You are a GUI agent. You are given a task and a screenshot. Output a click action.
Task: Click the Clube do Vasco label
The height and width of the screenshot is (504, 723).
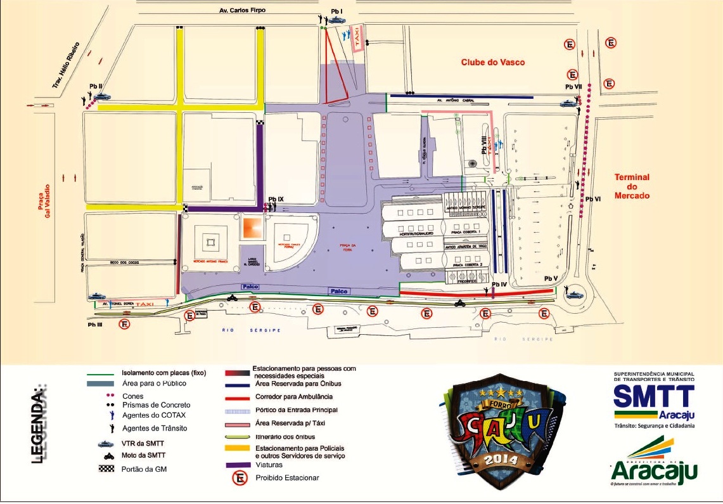pos(492,62)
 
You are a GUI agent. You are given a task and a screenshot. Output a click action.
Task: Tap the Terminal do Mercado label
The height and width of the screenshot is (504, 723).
pos(632,186)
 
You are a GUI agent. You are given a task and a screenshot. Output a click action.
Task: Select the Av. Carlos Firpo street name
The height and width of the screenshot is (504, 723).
pos(243,11)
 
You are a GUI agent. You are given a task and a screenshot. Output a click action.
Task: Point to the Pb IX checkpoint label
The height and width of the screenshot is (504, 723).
pos(276,199)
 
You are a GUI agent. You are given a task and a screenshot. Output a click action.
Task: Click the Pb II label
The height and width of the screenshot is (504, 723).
pos(96,86)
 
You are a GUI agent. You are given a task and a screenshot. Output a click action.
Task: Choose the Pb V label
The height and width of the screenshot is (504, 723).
pos(550,279)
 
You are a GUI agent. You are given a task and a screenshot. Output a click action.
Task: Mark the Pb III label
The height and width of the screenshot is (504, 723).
pos(95,324)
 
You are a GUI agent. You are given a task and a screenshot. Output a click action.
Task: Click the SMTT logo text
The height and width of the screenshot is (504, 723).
pos(654,397)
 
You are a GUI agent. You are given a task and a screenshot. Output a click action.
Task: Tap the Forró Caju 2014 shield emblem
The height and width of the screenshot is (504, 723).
pos(497,431)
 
